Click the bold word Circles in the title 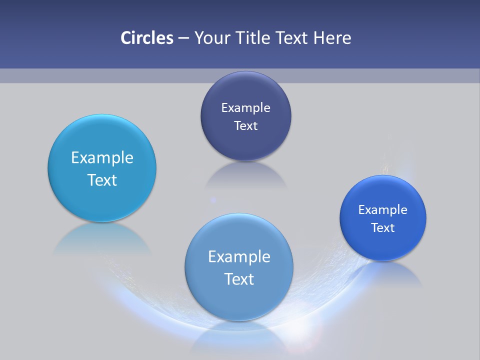[x=146, y=38]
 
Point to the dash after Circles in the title [x=183, y=38]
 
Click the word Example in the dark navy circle [x=245, y=107]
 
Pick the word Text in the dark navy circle [x=245, y=125]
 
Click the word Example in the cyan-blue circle [x=102, y=158]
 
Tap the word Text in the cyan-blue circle [x=102, y=180]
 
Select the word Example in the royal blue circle [x=383, y=209]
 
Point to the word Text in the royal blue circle [x=383, y=227]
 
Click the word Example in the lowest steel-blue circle [x=239, y=257]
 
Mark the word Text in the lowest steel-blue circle [x=239, y=279]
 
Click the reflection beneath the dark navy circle [x=245, y=175]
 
